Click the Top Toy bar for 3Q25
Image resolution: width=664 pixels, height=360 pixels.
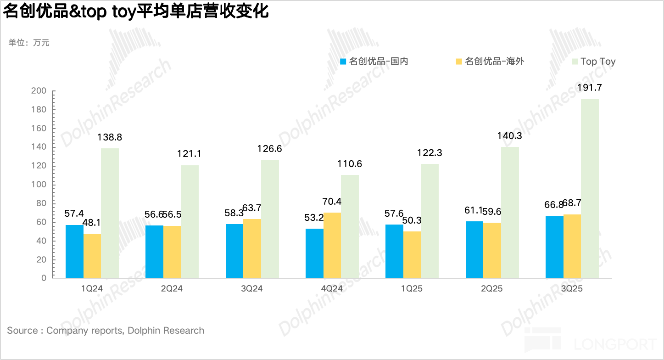pyautogui.click(x=590, y=188)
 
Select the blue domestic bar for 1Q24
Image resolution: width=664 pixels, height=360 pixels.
pyautogui.click(x=74, y=251)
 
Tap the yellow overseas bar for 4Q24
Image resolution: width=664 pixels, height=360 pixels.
pyautogui.click(x=332, y=245)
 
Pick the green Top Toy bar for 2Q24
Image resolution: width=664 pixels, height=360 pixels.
pyautogui.click(x=190, y=221)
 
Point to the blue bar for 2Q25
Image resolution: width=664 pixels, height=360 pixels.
pyautogui.click(x=474, y=249)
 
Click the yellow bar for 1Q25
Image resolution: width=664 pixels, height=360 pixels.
pyautogui.click(x=412, y=254)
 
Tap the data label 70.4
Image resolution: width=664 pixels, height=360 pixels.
pyautogui.click(x=332, y=202)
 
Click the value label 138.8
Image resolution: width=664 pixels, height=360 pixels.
pyautogui.click(x=110, y=137)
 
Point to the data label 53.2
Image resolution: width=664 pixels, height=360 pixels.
pyautogui.click(x=315, y=218)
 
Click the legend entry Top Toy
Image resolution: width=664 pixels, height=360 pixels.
pyautogui.click(x=597, y=62)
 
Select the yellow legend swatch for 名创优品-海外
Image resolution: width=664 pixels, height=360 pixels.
pyautogui.click(x=459, y=62)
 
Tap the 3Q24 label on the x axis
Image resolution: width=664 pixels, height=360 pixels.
pyautogui.click(x=252, y=289)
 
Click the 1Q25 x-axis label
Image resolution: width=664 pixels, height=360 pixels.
pyautogui.click(x=412, y=289)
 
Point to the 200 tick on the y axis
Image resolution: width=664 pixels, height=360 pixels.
pyautogui.click(x=39, y=91)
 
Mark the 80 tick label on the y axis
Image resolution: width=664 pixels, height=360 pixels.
pyautogui.click(x=41, y=203)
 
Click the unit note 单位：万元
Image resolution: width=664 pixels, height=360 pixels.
pyautogui.click(x=29, y=43)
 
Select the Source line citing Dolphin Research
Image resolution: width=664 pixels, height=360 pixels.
pyautogui.click(x=106, y=331)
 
